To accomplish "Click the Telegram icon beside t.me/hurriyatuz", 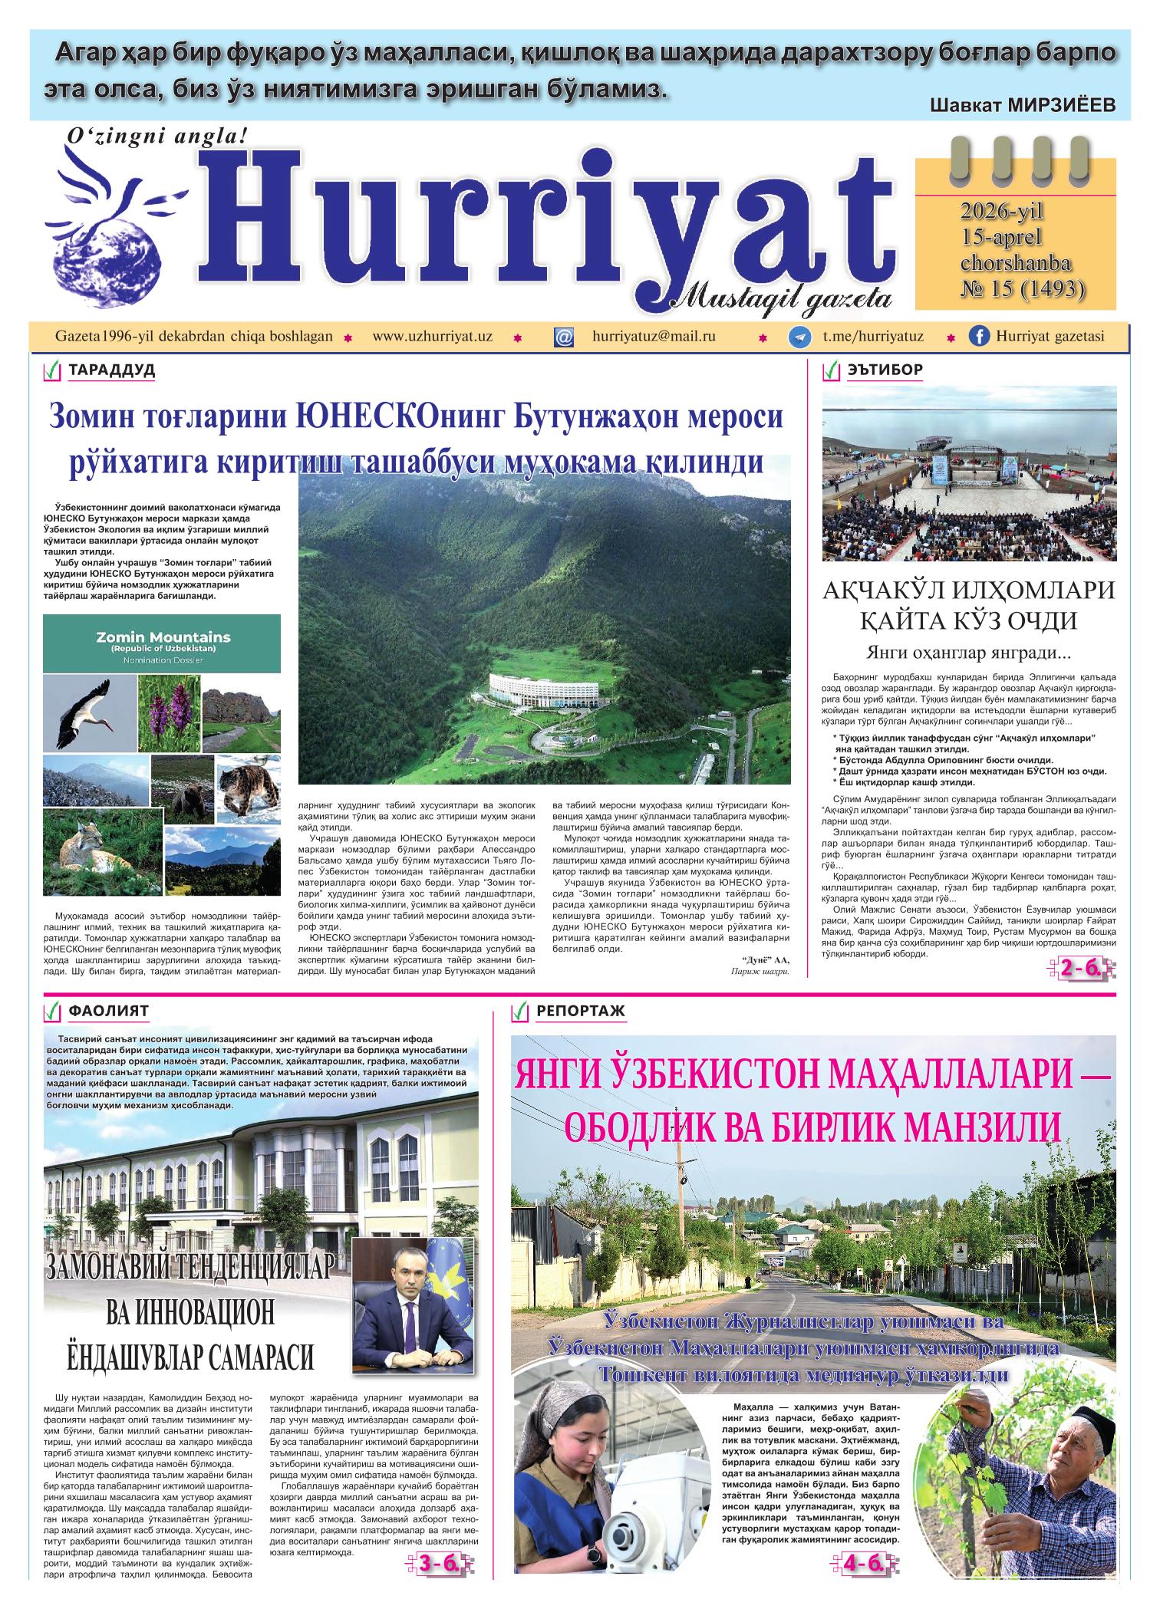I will click(801, 337).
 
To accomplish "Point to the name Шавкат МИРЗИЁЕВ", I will click(1022, 106).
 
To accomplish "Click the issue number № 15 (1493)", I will click(1023, 289).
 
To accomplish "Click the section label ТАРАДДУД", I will click(112, 371).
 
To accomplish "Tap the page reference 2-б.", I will click(1083, 969).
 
